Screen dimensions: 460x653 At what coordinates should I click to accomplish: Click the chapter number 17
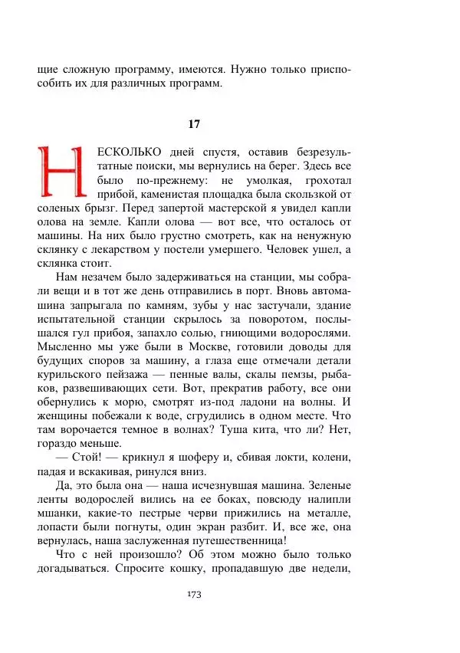(x=194, y=123)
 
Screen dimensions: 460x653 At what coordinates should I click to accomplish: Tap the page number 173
(x=194, y=596)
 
